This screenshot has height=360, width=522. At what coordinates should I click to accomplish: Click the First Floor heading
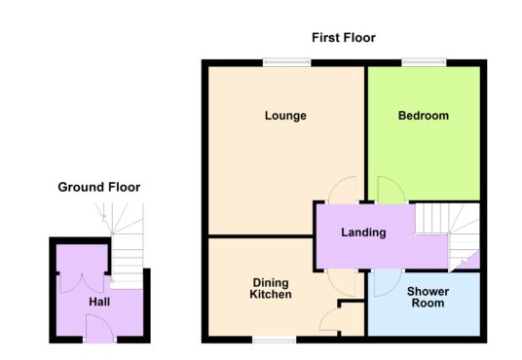click(x=344, y=38)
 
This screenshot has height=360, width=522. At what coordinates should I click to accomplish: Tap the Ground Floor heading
click(x=99, y=187)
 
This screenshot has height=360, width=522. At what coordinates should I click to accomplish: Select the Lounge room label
click(x=285, y=116)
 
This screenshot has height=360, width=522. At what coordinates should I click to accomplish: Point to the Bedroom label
click(x=424, y=116)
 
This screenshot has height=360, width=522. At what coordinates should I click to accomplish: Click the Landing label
click(x=363, y=233)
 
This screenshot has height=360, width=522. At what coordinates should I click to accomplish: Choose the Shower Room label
click(x=428, y=297)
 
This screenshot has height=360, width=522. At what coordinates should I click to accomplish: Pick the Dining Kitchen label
click(x=271, y=288)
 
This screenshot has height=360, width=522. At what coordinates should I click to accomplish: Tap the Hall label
click(x=99, y=302)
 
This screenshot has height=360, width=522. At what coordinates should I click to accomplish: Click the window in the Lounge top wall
click(x=286, y=62)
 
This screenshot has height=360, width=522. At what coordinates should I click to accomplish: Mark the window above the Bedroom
click(x=424, y=62)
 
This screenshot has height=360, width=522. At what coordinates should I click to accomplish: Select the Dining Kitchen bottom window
click(x=274, y=340)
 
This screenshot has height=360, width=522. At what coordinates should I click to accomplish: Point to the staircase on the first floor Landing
click(x=447, y=236)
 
